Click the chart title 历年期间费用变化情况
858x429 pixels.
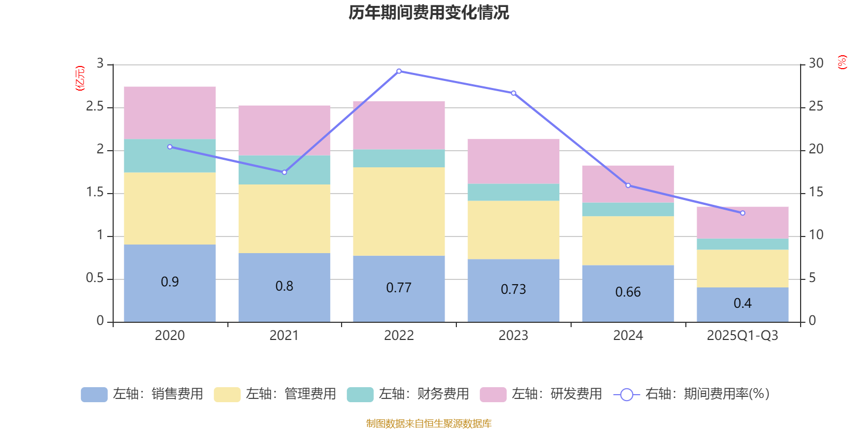click(428, 13)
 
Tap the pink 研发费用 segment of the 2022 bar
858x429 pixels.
click(399, 125)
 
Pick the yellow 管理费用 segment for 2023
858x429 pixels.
click(513, 230)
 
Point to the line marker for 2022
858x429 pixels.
click(399, 71)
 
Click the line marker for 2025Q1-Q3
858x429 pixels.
click(743, 213)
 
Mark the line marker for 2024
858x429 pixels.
click(628, 186)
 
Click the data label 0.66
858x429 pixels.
click(628, 292)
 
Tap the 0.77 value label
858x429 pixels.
click(399, 288)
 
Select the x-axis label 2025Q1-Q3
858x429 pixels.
click(742, 336)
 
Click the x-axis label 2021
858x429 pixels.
click(284, 336)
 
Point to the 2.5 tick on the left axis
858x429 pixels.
click(95, 107)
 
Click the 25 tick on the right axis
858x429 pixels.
click(816, 107)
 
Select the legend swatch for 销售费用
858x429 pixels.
click(94, 395)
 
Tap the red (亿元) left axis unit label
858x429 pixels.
click(80, 78)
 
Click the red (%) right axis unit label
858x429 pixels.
click(842, 62)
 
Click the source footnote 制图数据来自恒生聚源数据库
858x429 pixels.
click(428, 424)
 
